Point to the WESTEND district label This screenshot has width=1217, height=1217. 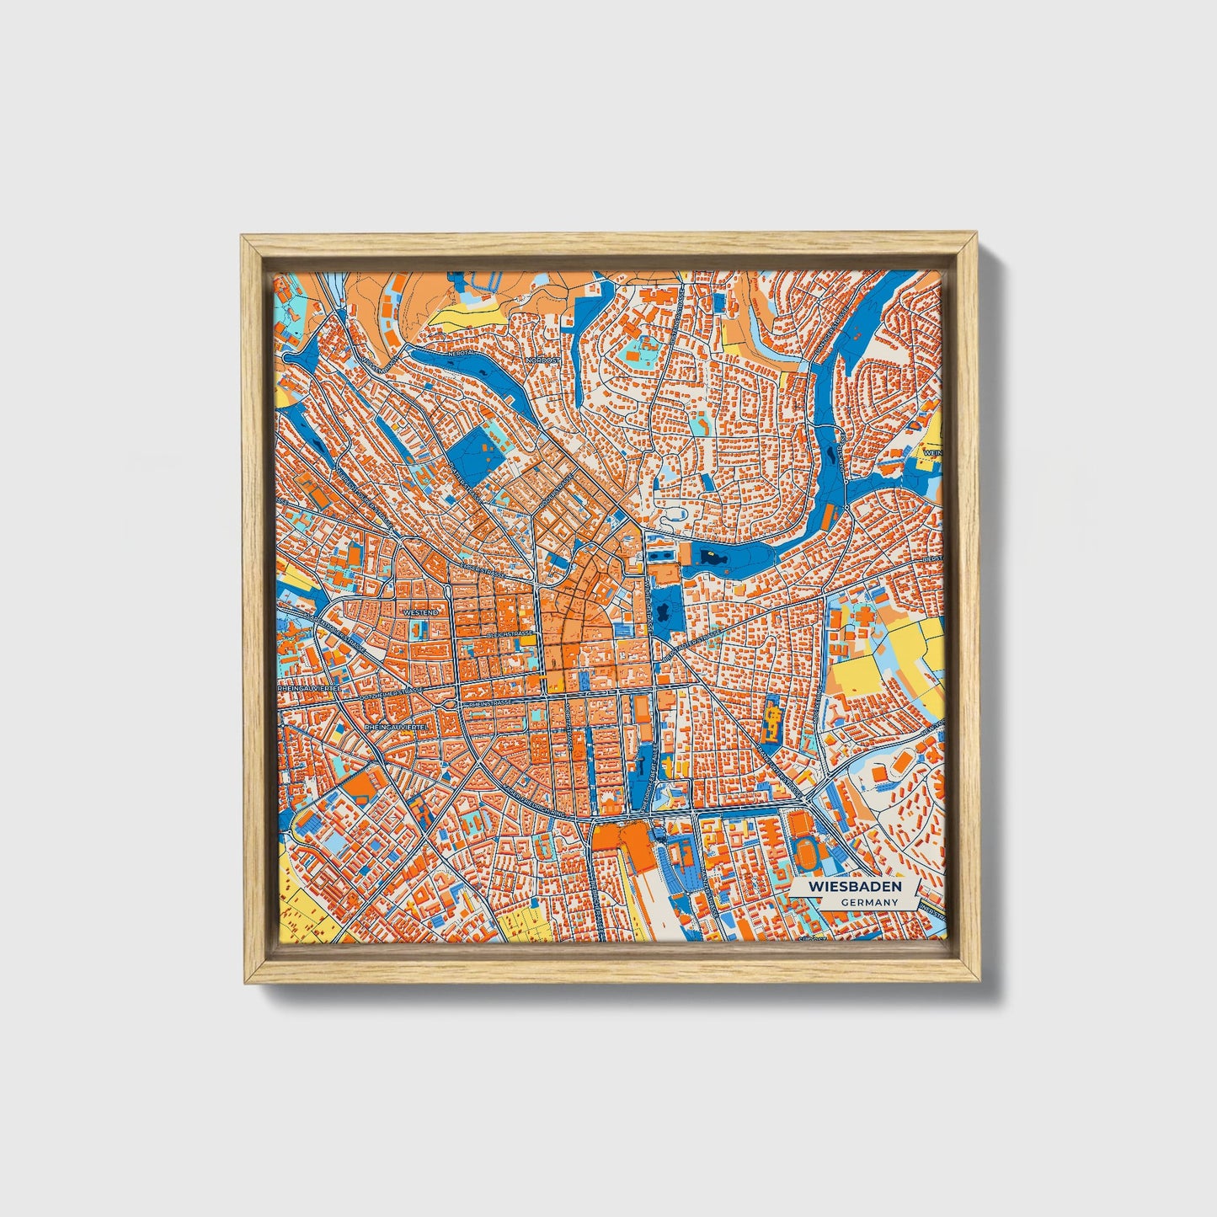click(x=420, y=612)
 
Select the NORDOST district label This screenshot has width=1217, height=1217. click(x=542, y=360)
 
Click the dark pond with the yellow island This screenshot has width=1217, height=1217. click(x=712, y=558)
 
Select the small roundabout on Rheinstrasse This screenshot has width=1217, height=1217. click(x=456, y=703)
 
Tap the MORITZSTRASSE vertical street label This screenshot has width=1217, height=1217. click(x=571, y=734)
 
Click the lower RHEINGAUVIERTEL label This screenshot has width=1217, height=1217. click(x=396, y=724)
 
